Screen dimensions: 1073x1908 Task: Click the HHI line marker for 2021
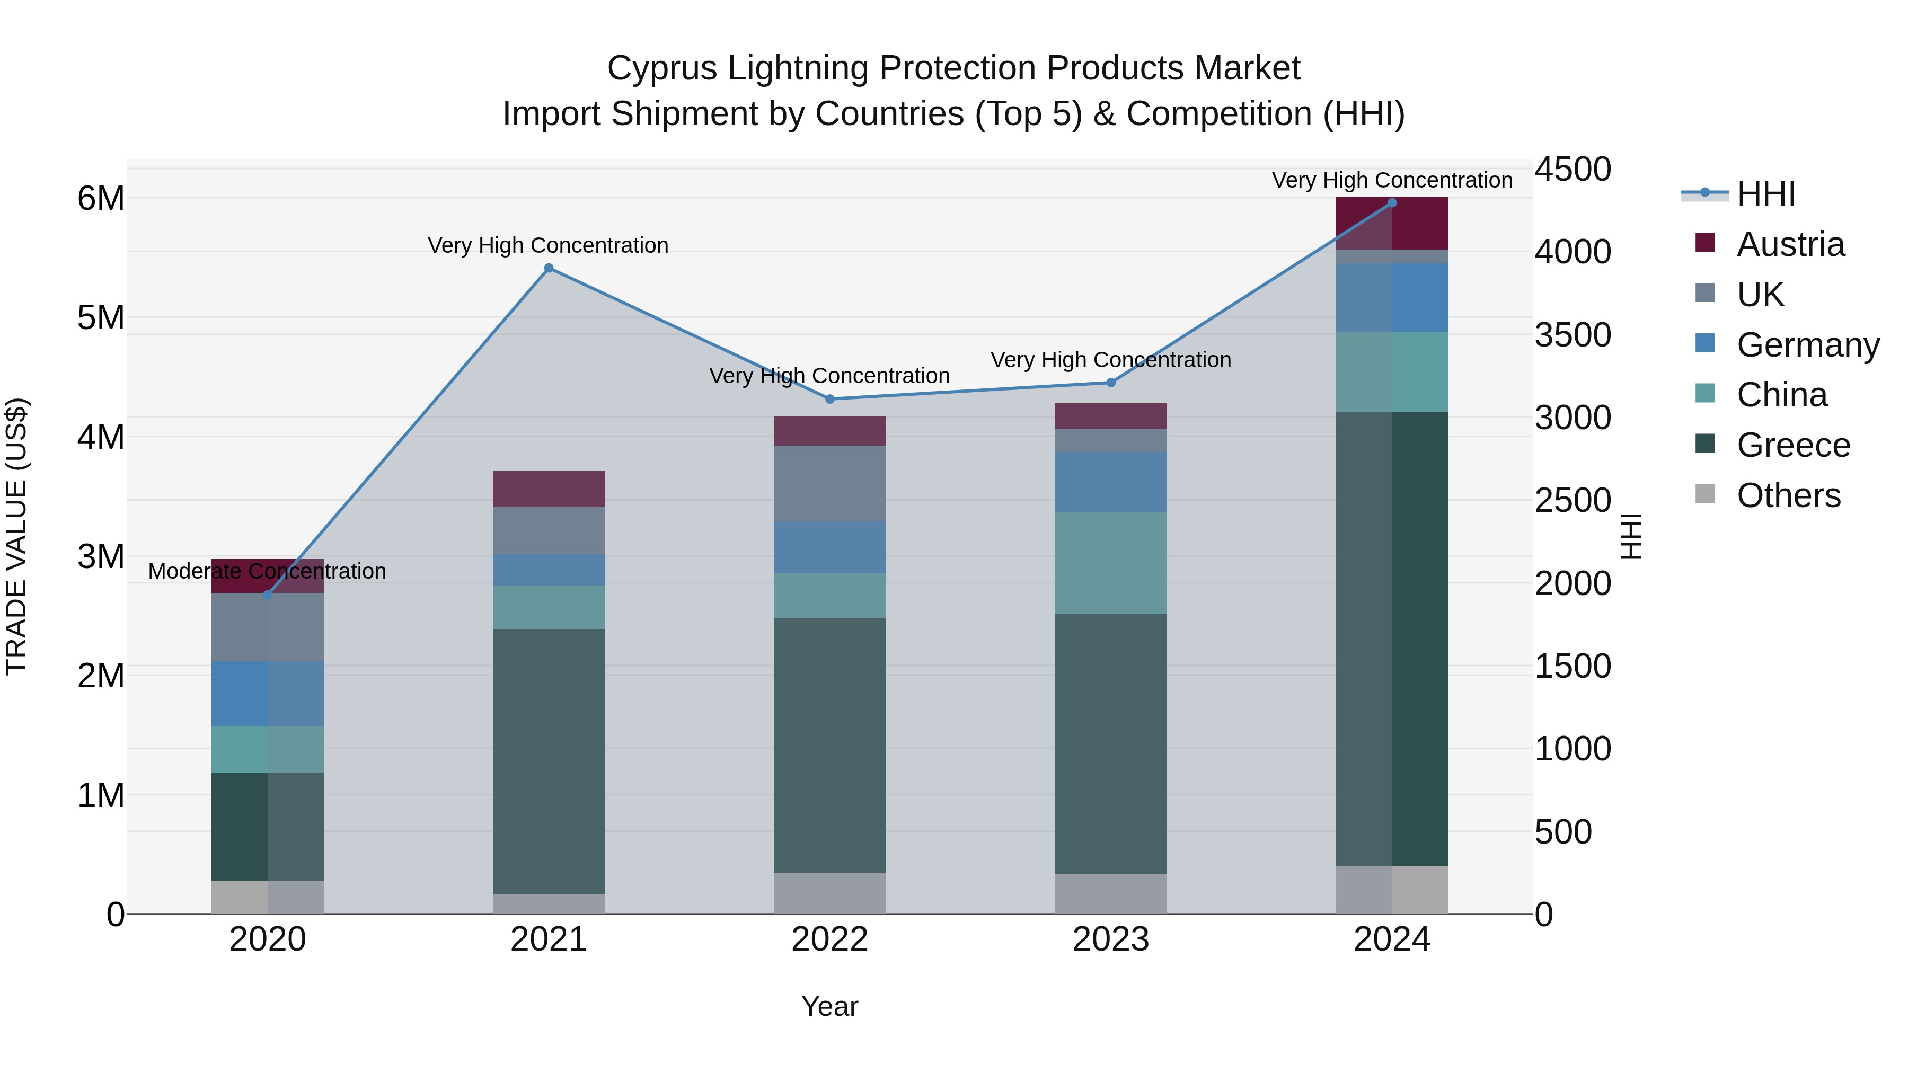tap(549, 268)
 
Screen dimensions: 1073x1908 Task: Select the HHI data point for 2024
tap(1392, 203)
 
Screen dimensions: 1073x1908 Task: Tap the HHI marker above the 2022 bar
tap(829, 399)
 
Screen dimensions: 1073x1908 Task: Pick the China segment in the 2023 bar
tap(1110, 563)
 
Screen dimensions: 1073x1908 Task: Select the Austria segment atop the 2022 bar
tap(829, 431)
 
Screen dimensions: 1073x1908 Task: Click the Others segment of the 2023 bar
tap(1110, 894)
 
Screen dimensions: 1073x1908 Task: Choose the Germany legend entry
tap(1807, 345)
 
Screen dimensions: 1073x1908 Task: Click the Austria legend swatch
tap(1705, 243)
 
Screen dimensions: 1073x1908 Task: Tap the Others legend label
tap(1788, 495)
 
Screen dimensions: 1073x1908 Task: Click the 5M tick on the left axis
tap(101, 318)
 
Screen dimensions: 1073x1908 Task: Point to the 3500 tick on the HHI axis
tap(1573, 335)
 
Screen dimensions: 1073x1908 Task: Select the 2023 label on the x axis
tap(1110, 939)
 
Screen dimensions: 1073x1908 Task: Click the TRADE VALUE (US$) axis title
tap(16, 536)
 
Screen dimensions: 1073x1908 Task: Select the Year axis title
tap(829, 1006)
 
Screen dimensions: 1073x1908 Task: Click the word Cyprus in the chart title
tap(662, 68)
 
